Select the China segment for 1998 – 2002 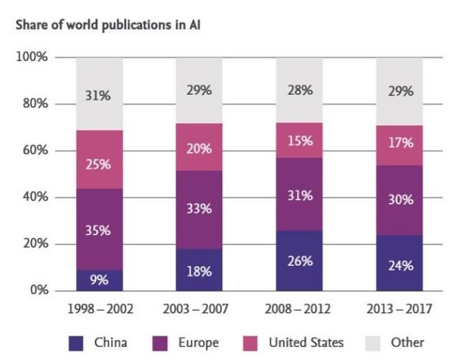(x=99, y=280)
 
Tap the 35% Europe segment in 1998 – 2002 (x=99, y=229)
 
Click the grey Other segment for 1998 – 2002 (x=99, y=94)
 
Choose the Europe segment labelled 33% (x=199, y=209)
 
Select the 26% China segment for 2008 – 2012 (x=299, y=260)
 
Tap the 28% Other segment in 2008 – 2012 (x=299, y=90)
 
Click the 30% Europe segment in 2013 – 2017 (x=399, y=200)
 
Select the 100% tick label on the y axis (x=32, y=57)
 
